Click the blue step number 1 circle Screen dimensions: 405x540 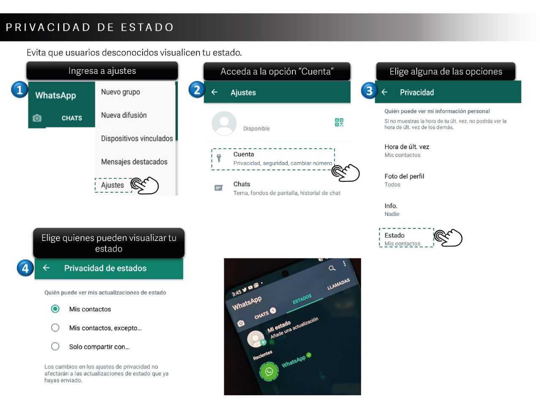(19, 90)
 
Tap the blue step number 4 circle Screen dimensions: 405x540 (25, 268)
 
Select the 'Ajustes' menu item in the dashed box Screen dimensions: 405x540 (113, 185)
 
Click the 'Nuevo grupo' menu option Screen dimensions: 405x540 (120, 92)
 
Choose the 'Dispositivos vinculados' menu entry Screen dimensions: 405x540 (137, 138)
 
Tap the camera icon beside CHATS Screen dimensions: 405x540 (37, 118)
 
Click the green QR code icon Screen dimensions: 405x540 (339, 122)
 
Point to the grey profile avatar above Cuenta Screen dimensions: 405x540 (224, 123)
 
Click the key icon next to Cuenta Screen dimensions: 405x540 (219, 158)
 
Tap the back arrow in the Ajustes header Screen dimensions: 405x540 (214, 92)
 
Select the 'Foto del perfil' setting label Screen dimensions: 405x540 (404, 176)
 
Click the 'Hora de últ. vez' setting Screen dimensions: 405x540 (407, 147)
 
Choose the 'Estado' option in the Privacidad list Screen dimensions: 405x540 (394, 235)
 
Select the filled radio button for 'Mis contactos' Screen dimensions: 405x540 (55, 309)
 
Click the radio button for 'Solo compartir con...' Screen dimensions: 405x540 (55, 346)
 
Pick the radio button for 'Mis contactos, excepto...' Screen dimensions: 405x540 (55, 327)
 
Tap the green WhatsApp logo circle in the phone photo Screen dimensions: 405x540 (269, 371)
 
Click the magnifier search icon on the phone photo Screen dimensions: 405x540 (332, 268)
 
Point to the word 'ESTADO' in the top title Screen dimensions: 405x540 (147, 27)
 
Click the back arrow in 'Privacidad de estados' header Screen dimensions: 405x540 (46, 268)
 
